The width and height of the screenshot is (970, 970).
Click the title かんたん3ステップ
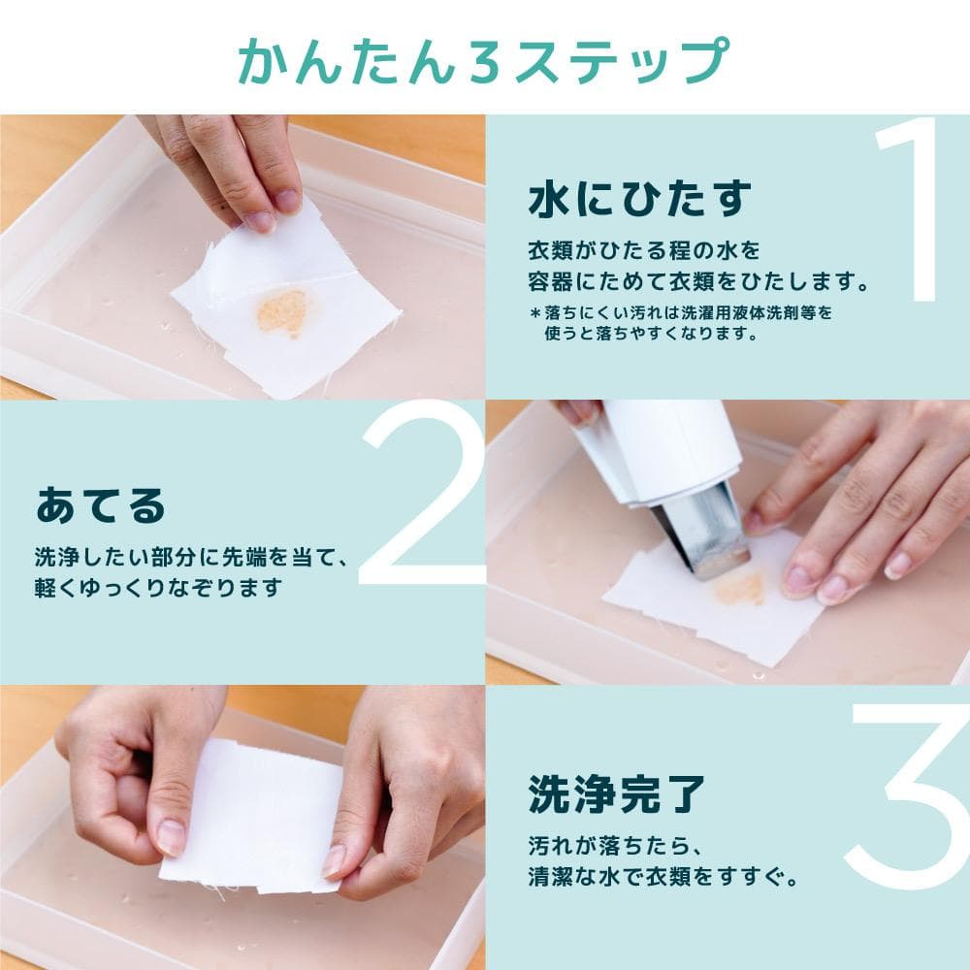pos(483,60)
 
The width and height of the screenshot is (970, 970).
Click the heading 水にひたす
pos(640,200)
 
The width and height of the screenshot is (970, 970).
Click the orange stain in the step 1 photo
pos(282,312)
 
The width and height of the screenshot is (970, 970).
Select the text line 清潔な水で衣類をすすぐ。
pos(663,880)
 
